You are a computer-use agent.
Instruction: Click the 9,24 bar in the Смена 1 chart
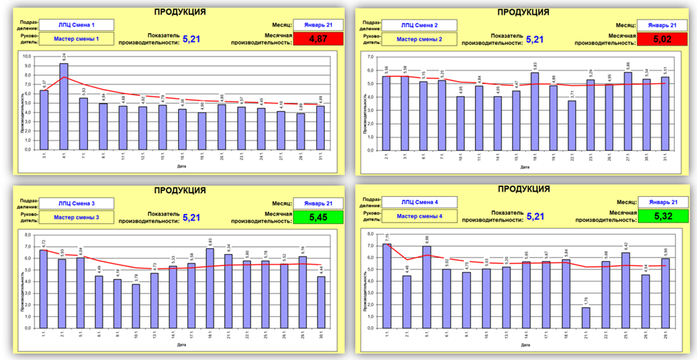click(64, 107)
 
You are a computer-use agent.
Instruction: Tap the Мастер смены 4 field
click(420, 215)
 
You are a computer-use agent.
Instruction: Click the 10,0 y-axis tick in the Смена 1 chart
click(28, 56)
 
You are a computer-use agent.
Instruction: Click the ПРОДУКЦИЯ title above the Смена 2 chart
click(523, 12)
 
